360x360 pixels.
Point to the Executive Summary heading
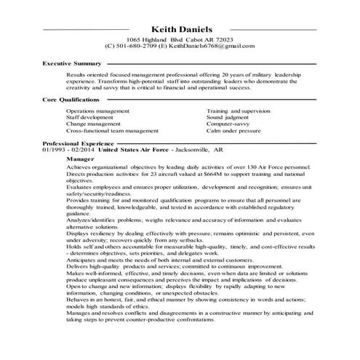tap(71, 65)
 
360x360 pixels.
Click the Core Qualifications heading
tap(71, 99)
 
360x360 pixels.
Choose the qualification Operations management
tap(98, 111)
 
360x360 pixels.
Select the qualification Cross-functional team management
tap(112, 131)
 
